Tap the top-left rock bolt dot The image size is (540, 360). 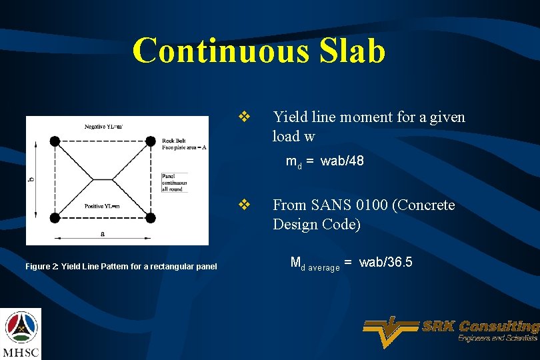coord(55,141)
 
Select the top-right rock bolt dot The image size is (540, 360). coord(151,141)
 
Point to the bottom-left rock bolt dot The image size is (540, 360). coord(55,217)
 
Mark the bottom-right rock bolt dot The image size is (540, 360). coord(151,217)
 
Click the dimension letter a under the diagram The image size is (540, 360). coord(102,234)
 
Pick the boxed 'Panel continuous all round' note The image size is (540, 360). coord(175,183)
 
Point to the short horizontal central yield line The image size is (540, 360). coord(103,179)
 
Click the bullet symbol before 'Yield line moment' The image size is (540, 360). coord(244,117)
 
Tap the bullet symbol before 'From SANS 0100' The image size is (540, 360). coord(244,205)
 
